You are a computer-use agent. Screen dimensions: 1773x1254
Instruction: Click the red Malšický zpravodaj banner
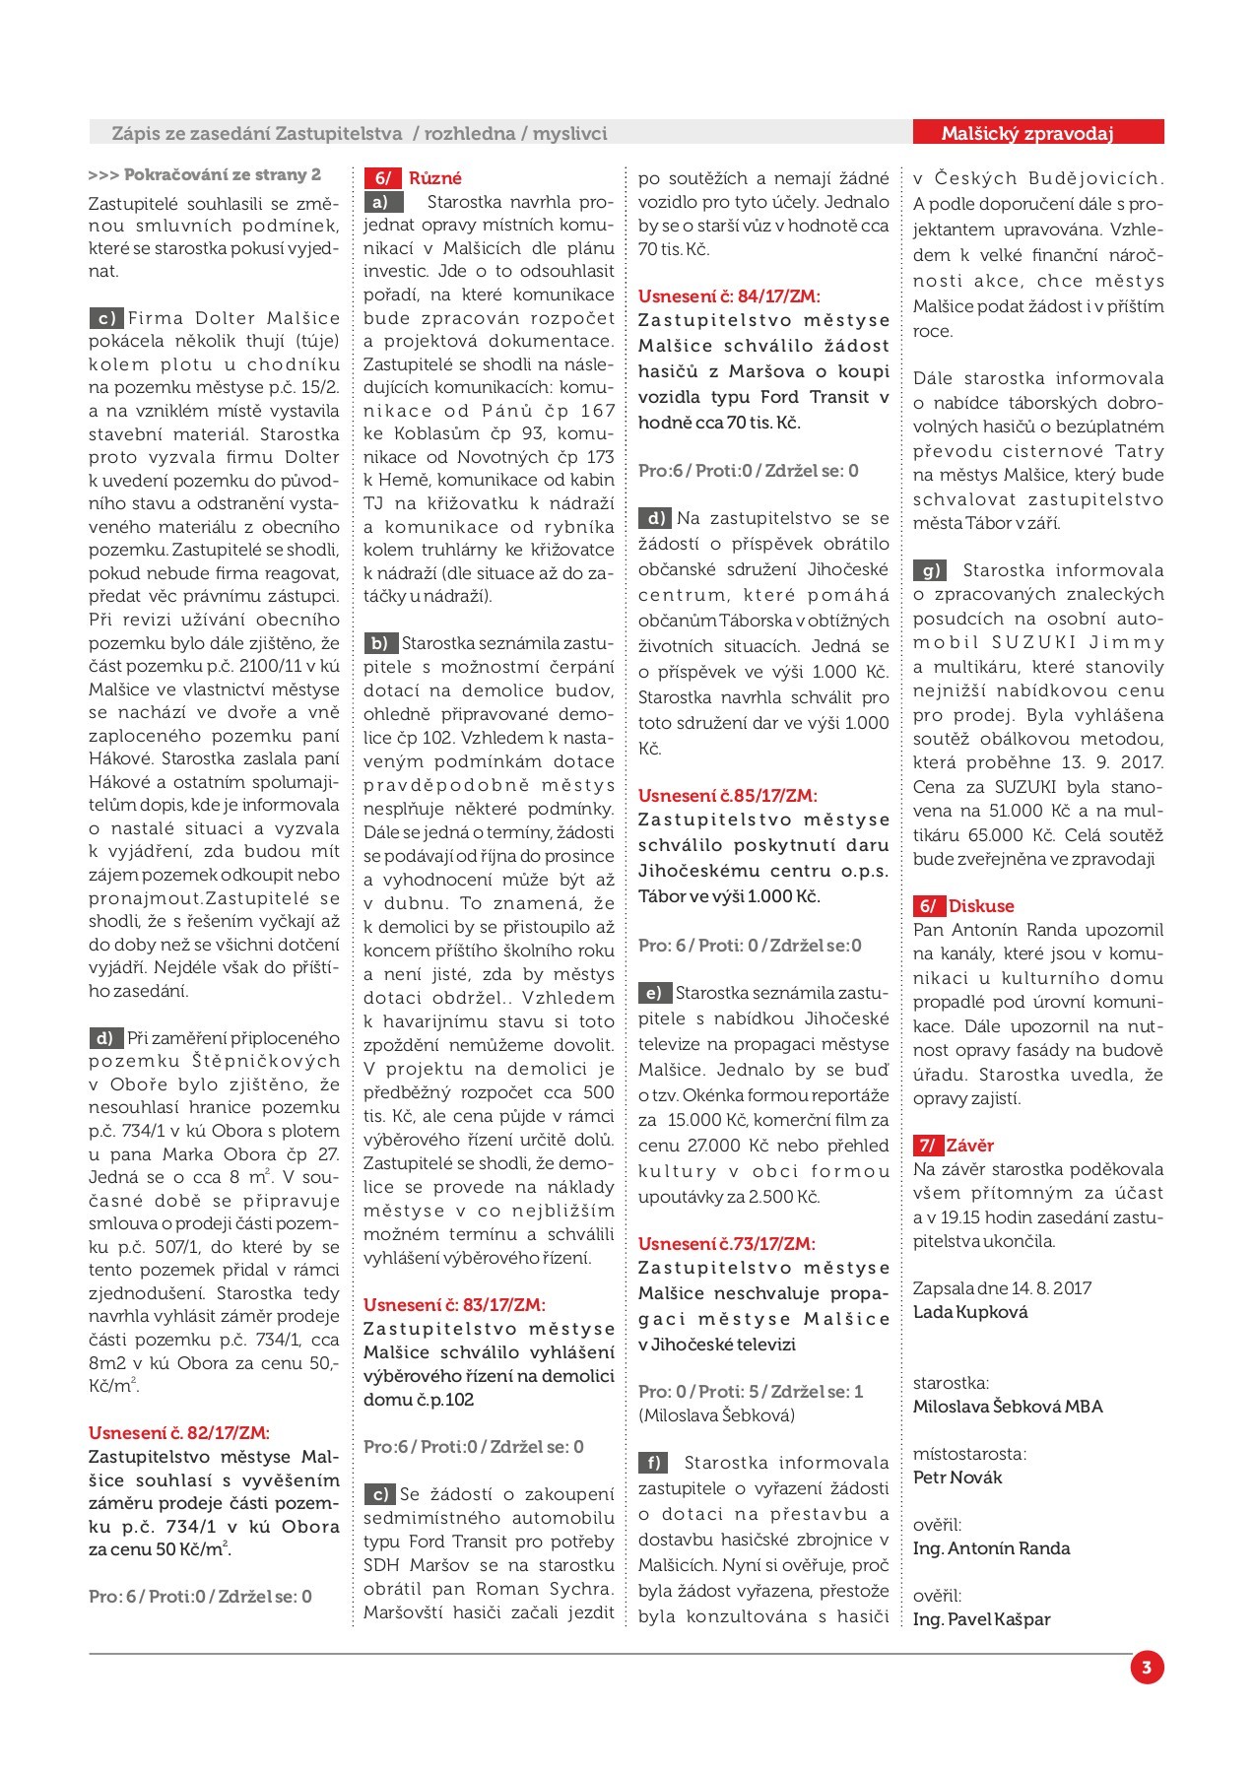pyautogui.click(x=1038, y=133)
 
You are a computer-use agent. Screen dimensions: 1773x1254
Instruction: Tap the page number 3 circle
pyautogui.click(x=1147, y=1668)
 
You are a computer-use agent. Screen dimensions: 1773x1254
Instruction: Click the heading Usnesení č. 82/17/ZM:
pyautogui.click(x=178, y=1433)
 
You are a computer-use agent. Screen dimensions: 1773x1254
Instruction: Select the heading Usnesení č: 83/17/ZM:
pyautogui.click(x=454, y=1305)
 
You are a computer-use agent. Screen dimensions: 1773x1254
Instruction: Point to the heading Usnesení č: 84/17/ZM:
pyautogui.click(x=729, y=296)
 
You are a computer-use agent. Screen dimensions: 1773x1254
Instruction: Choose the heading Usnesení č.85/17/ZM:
pyautogui.click(x=727, y=796)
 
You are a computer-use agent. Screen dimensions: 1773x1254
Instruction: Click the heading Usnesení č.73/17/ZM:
pyautogui.click(x=727, y=1244)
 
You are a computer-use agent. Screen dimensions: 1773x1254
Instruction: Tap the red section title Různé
pyautogui.click(x=434, y=178)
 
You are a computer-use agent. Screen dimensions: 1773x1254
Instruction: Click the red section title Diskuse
pyautogui.click(x=980, y=906)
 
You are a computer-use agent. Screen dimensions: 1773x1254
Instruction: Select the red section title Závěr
pyautogui.click(x=969, y=1146)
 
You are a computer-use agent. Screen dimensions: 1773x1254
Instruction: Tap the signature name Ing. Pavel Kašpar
pyautogui.click(x=982, y=1619)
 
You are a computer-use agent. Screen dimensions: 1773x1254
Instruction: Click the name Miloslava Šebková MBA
pyautogui.click(x=1008, y=1407)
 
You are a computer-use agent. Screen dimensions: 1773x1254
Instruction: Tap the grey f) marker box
pyautogui.click(x=652, y=1463)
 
